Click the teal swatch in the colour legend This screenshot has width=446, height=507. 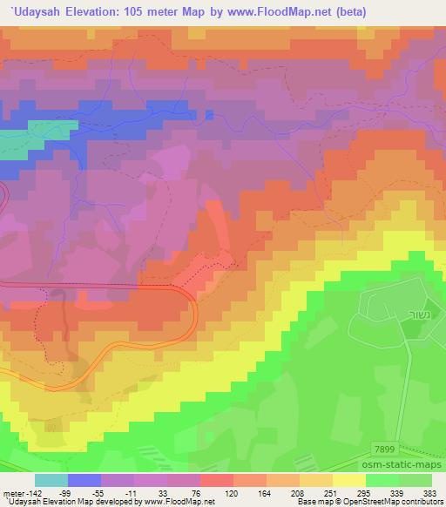click(51, 480)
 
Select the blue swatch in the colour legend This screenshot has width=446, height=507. click(84, 480)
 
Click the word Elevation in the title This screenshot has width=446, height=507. click(91, 13)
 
